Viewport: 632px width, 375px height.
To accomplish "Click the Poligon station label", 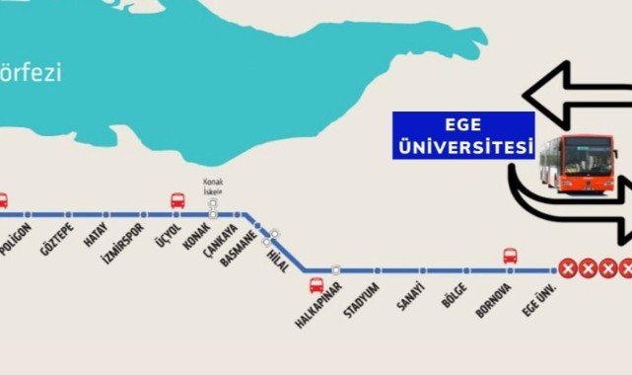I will click(x=20, y=239).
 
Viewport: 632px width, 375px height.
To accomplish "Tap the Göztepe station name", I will click(x=57, y=240).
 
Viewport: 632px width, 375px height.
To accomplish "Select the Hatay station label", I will click(x=93, y=237).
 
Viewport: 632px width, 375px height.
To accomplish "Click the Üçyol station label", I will click(x=168, y=238).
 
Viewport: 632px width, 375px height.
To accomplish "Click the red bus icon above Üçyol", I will click(x=178, y=200).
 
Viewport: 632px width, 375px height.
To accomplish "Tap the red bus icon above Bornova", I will click(x=510, y=256).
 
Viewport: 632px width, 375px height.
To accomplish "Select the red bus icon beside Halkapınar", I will click(x=316, y=286).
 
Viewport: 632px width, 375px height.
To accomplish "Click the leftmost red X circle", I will click(x=569, y=267).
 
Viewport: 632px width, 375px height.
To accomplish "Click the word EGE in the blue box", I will click(x=462, y=125).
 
